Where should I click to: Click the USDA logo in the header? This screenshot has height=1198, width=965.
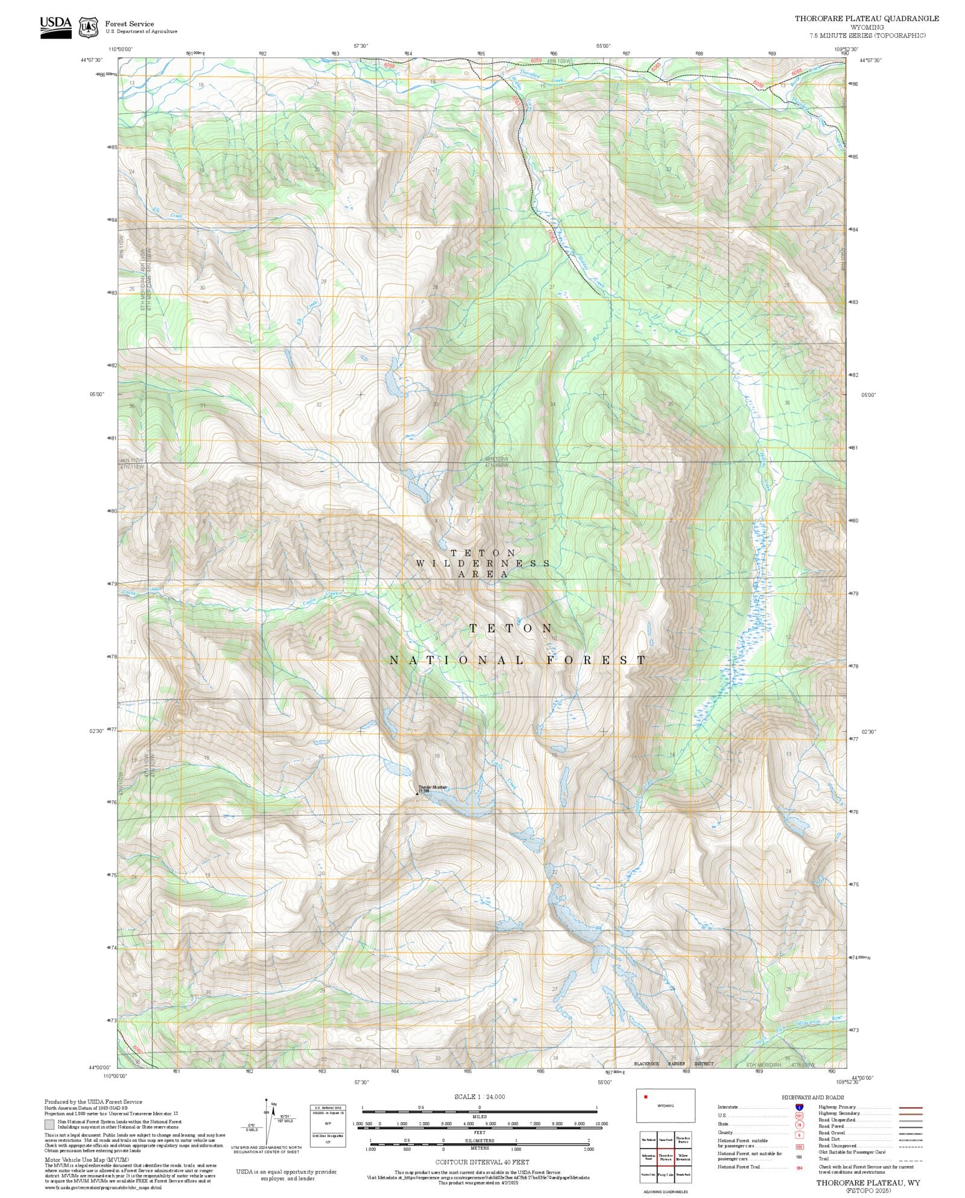[55, 27]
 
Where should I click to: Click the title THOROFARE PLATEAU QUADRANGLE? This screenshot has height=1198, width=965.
[867, 19]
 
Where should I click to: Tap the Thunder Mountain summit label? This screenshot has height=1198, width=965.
[432, 788]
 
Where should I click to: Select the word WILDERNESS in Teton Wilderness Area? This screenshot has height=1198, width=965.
[482, 563]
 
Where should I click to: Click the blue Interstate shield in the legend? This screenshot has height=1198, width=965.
[799, 1108]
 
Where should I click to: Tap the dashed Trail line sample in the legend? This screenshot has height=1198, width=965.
[910, 1159]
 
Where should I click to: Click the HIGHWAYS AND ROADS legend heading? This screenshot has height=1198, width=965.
[812, 1097]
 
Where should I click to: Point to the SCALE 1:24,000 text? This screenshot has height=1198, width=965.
[479, 1097]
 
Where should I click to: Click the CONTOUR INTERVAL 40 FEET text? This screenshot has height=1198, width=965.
[482, 1162]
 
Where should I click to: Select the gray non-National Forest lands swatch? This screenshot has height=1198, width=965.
[49, 1124]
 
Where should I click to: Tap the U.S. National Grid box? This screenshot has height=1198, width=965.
[328, 1126]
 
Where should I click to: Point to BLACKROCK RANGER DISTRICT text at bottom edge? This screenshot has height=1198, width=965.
[674, 1063]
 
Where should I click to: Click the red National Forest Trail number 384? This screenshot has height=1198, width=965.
[799, 1167]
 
